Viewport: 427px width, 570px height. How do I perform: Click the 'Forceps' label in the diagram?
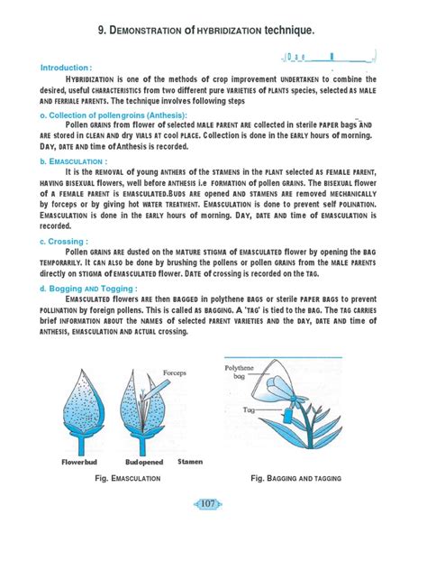point(174,372)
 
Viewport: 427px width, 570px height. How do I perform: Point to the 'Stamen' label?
point(190,461)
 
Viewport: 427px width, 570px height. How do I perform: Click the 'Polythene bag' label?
point(240,372)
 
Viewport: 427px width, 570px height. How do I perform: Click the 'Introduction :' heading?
point(66,68)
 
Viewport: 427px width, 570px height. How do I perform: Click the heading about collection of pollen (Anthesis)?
point(114,115)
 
